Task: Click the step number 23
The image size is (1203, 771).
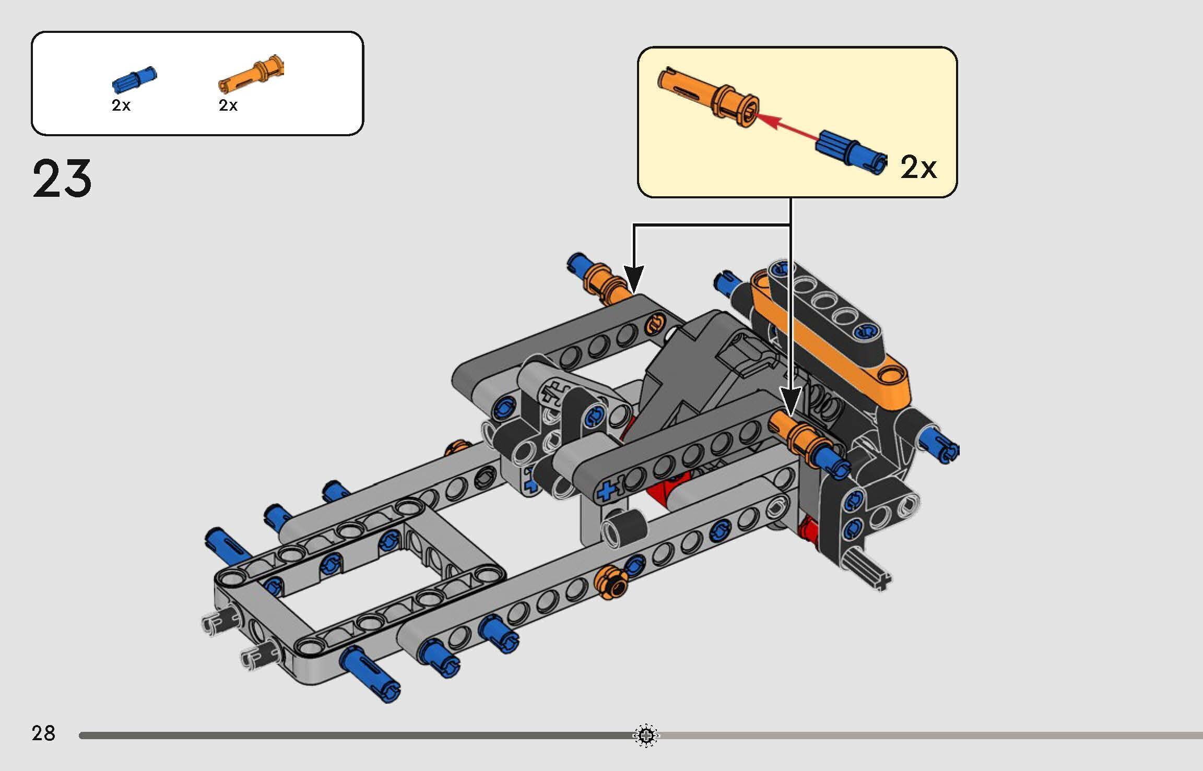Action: [62, 179]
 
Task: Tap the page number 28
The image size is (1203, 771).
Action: [43, 733]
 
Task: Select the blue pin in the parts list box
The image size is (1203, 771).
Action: [135, 80]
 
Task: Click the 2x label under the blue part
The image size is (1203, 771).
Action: [121, 105]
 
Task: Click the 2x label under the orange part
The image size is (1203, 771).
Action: [228, 105]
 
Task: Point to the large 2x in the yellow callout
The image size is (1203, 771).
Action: [918, 168]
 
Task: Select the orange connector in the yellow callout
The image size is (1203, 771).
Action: [707, 97]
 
